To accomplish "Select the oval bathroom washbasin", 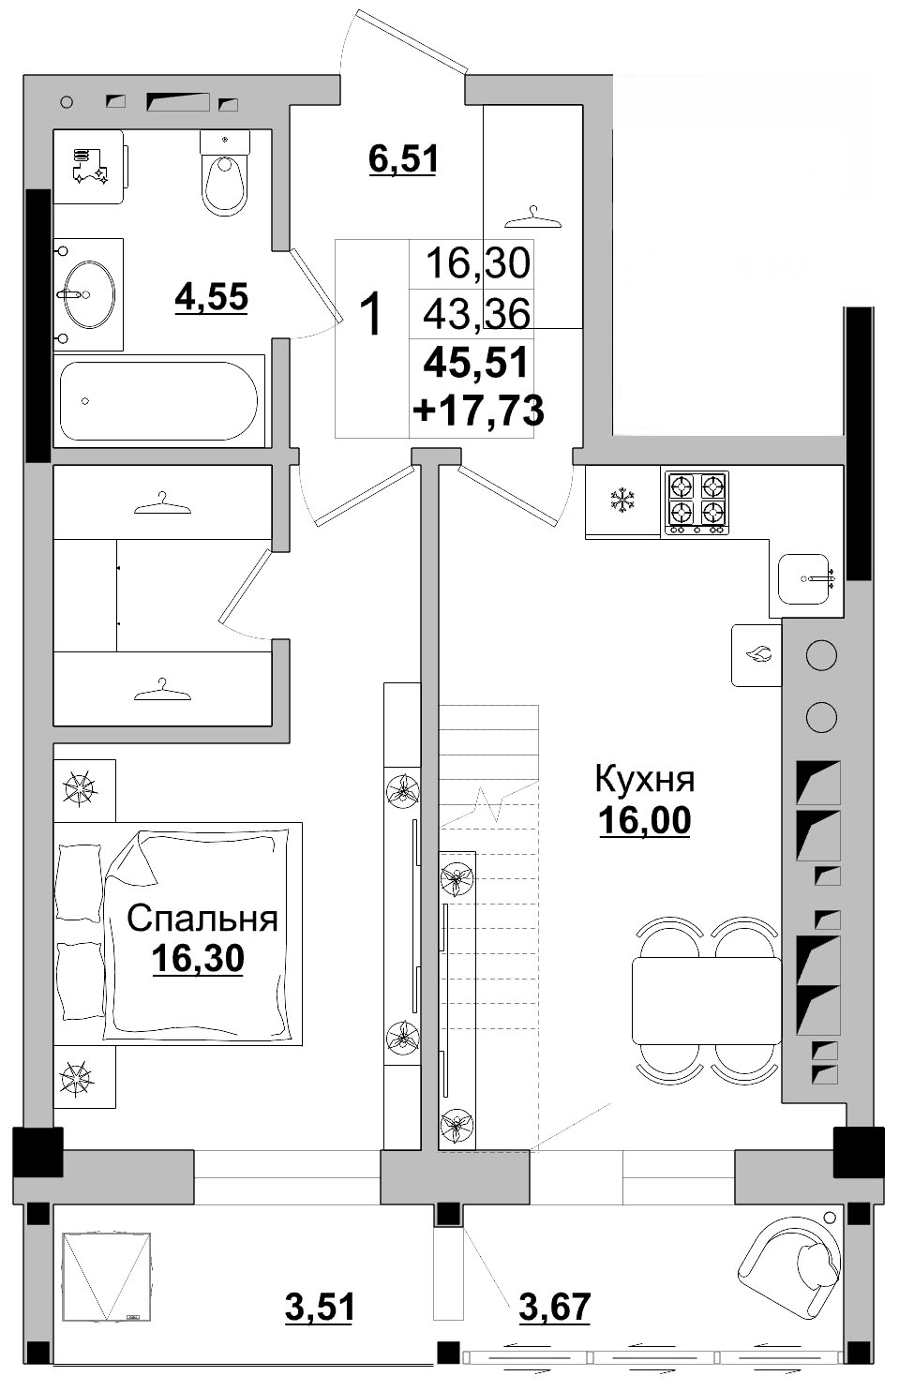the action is pyautogui.click(x=91, y=294).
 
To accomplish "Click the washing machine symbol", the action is pyautogui.click(x=90, y=167).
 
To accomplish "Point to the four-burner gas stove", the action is pyautogui.click(x=697, y=502).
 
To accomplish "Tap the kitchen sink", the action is pyautogui.click(x=804, y=579).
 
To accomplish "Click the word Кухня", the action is pyautogui.click(x=644, y=779).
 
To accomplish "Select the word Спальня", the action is pyautogui.click(x=202, y=919).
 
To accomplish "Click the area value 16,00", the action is pyautogui.click(x=644, y=819).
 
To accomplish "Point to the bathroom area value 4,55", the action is pyautogui.click(x=212, y=296).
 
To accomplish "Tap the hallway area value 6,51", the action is pyautogui.click(x=403, y=159).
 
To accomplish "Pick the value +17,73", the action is pyautogui.click(x=479, y=411).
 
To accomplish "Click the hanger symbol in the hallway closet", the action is pyautogui.click(x=533, y=218).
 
